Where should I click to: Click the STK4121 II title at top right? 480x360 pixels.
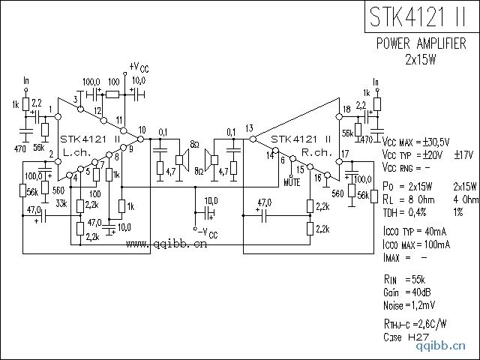click(x=421, y=16)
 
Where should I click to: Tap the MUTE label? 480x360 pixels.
click(x=293, y=181)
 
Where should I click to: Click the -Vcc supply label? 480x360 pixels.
click(x=205, y=233)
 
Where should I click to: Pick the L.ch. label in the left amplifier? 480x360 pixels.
click(x=77, y=152)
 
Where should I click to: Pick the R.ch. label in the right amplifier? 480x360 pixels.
click(x=313, y=152)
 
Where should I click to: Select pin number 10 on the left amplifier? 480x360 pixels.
click(x=142, y=129)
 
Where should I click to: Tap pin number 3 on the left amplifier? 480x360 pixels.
click(x=76, y=99)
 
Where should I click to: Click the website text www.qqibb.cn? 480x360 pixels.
click(x=166, y=243)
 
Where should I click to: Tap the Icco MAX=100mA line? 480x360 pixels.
click(x=416, y=244)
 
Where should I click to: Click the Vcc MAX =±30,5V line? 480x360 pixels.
click(x=416, y=142)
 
